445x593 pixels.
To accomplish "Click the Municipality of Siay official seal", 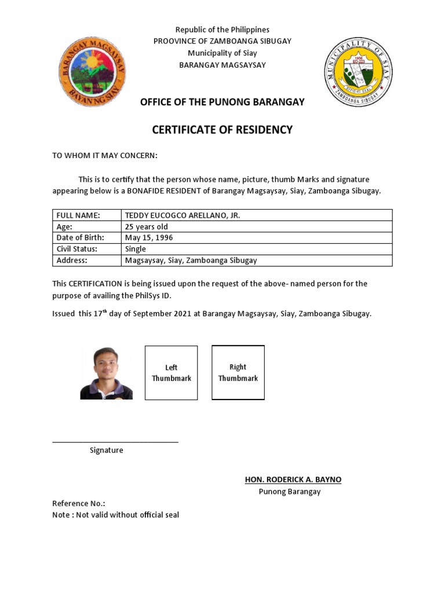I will point(358,72).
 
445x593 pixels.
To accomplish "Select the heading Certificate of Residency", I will point(222,130).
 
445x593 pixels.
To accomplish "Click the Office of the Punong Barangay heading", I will point(222,102).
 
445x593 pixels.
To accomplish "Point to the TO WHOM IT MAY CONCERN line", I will point(105,156).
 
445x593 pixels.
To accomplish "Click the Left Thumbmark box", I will point(171,373).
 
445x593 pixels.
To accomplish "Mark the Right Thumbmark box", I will point(238,372).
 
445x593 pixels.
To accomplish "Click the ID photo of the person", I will point(106,374).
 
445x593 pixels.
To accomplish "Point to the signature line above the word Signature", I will point(115,442).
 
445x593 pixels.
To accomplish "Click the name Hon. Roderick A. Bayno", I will point(293,479).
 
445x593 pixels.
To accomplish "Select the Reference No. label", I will point(79,504).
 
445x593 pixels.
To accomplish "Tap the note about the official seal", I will point(116,515).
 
